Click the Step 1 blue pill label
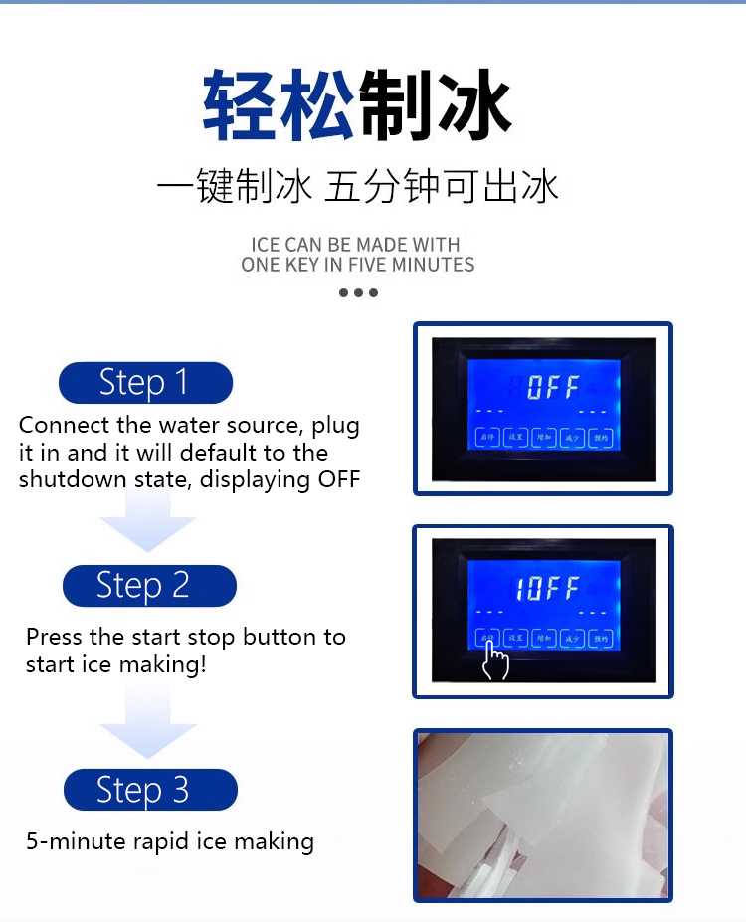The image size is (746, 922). click(x=145, y=383)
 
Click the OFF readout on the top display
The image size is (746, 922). click(x=552, y=387)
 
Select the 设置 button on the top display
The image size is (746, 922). click(x=515, y=438)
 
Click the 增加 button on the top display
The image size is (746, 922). click(x=543, y=438)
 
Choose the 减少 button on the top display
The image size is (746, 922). click(x=571, y=438)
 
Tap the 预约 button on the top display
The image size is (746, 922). click(x=599, y=438)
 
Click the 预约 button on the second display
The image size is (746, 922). click(x=599, y=638)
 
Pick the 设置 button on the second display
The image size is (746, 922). click(x=515, y=638)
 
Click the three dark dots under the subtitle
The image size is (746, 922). click(x=358, y=292)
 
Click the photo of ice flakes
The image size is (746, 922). click(x=543, y=815)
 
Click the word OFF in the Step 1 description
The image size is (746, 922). click(x=338, y=479)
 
